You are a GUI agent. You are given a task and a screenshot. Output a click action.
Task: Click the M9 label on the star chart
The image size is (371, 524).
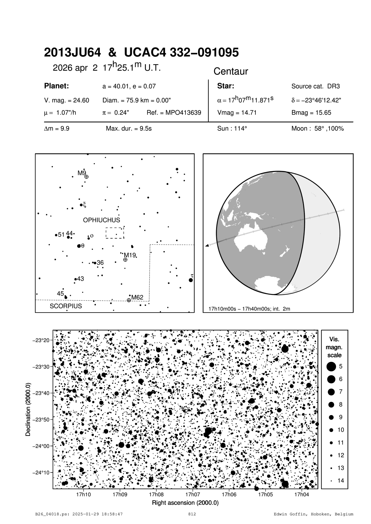[x=82, y=173]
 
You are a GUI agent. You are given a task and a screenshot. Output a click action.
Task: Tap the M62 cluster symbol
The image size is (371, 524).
[x=129, y=300]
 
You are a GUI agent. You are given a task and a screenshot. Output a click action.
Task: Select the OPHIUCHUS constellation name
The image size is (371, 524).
[x=102, y=220]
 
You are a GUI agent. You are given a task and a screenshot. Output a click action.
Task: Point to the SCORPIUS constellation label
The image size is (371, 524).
[x=66, y=306]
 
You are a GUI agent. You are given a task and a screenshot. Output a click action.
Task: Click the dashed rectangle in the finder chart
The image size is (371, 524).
[x=115, y=233]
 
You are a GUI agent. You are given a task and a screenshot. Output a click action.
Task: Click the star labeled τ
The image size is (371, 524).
[x=191, y=280]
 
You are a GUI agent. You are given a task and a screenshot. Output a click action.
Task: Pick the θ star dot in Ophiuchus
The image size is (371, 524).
[x=79, y=246]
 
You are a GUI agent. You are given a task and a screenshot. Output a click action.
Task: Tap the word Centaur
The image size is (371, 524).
[x=231, y=71]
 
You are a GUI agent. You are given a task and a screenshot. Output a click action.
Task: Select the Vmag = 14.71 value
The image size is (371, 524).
[x=237, y=113]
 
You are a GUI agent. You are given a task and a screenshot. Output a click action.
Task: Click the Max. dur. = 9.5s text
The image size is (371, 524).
[x=129, y=129]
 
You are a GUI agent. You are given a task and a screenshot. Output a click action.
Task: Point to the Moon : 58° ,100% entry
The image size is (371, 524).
[x=317, y=129]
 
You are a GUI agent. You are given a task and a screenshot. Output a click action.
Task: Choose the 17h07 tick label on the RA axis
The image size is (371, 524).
[x=193, y=494]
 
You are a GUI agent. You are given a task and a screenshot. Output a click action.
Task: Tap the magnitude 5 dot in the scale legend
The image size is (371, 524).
[x=331, y=366]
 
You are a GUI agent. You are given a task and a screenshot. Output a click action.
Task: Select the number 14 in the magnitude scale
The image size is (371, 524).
[x=341, y=481]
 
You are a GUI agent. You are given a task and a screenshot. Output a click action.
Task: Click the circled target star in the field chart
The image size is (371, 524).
[x=185, y=409]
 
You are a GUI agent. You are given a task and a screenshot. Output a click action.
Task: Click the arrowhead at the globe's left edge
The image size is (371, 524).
[x=207, y=246]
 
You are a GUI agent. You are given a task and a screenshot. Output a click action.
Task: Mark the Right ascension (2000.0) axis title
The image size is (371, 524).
[x=185, y=503]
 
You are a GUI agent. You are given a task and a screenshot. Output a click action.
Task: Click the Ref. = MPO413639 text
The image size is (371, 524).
[x=174, y=113]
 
